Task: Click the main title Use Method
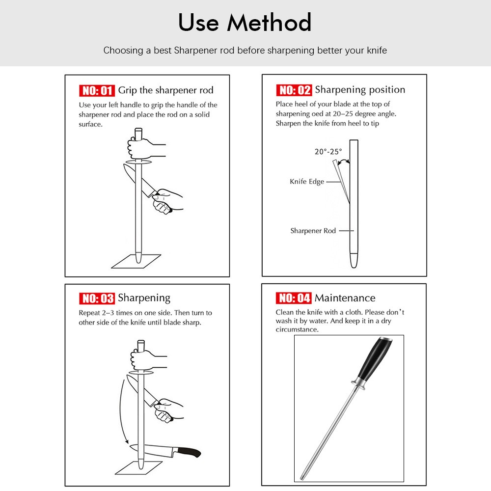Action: (x=245, y=23)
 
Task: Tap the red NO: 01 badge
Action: (x=97, y=90)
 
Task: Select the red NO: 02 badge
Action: (x=294, y=90)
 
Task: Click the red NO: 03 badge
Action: (x=97, y=299)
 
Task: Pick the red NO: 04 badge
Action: (x=294, y=298)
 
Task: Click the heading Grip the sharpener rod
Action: (x=165, y=90)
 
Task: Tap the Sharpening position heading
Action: (x=360, y=89)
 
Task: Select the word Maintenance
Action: (x=345, y=298)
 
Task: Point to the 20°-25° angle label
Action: (x=328, y=152)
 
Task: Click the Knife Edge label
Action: (x=307, y=182)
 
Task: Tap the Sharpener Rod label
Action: (x=313, y=231)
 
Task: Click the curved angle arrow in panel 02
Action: (x=344, y=161)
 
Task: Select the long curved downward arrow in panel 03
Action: (x=121, y=410)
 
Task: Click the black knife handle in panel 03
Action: (x=189, y=452)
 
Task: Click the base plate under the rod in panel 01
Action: (x=136, y=262)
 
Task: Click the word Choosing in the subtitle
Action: (x=123, y=51)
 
